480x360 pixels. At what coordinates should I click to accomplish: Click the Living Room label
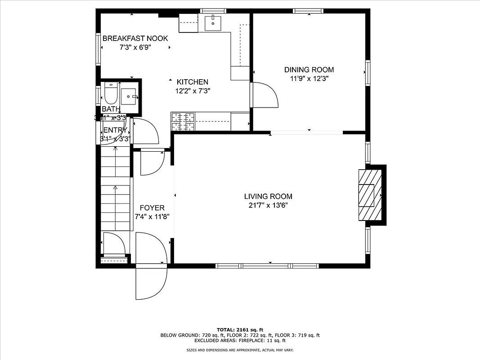(268, 196)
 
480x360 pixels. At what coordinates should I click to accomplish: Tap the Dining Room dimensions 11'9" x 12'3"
(309, 78)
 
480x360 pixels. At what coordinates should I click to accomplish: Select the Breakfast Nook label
(135, 38)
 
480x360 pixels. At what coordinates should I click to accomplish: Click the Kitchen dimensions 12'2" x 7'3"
(192, 90)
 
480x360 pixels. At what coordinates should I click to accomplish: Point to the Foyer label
(152, 208)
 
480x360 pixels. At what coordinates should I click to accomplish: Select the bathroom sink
(130, 96)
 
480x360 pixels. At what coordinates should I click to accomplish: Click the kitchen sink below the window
(213, 22)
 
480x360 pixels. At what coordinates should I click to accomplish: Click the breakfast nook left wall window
(98, 48)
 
